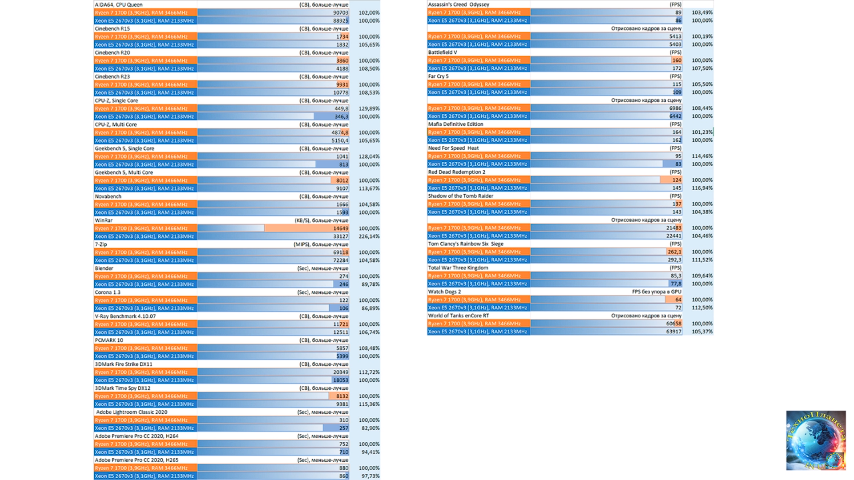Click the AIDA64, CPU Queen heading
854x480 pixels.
click(119, 4)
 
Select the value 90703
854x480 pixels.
click(341, 12)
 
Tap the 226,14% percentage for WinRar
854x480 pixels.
click(369, 236)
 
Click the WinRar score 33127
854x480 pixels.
click(341, 236)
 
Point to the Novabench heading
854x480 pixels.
click(108, 196)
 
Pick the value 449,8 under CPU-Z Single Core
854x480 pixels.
click(341, 108)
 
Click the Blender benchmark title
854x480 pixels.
click(104, 268)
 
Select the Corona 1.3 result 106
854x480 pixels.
click(343, 308)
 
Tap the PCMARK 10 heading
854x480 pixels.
click(109, 340)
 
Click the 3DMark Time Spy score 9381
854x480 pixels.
click(342, 404)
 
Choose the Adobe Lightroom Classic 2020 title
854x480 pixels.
click(132, 412)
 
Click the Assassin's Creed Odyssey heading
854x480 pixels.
click(459, 4)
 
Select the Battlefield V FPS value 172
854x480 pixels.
click(677, 68)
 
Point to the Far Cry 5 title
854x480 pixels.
click(438, 76)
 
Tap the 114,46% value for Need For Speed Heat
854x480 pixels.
click(702, 156)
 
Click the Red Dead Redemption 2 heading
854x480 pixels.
click(457, 172)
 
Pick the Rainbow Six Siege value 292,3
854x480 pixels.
click(674, 260)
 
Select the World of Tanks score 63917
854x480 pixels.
click(673, 332)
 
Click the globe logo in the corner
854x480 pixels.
click(816, 440)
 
